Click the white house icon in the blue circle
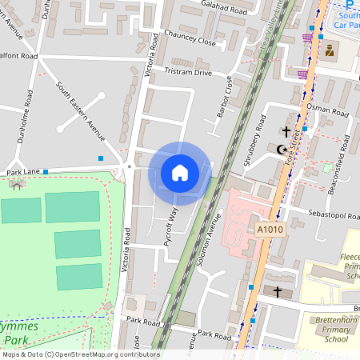pyautogui.click(x=179, y=173)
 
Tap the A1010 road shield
pyautogui.click(x=270, y=230)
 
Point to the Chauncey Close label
pyautogui.click(x=189, y=42)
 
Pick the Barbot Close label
pyautogui.click(x=225, y=97)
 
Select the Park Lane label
pyautogui.click(x=22, y=172)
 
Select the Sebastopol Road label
pyautogui.click(x=330, y=215)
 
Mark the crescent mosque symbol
pyautogui.click(x=280, y=150)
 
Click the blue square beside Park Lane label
pyautogui.click(x=46, y=171)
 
